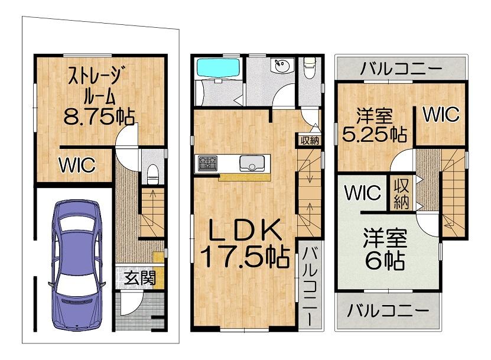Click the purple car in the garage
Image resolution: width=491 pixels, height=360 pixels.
click(77, 265)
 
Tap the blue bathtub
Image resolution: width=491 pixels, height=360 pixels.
click(218, 68)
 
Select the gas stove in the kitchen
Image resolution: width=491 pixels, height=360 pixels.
click(207, 163)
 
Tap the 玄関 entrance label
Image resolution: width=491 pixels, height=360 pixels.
click(140, 278)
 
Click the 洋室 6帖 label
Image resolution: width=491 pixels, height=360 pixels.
click(385, 249)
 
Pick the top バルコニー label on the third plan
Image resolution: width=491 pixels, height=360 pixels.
click(401, 69)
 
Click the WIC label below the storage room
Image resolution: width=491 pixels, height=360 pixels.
click(77, 165)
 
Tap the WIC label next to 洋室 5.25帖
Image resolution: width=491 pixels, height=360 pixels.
click(441, 114)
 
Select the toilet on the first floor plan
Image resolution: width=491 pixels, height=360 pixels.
click(152, 174)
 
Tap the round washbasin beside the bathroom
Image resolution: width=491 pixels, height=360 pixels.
click(281, 65)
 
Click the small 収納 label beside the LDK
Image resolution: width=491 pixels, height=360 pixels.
click(310, 141)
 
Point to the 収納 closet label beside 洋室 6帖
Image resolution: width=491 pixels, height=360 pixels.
click(401, 194)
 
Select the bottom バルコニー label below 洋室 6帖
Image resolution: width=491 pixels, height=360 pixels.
click(388, 310)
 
